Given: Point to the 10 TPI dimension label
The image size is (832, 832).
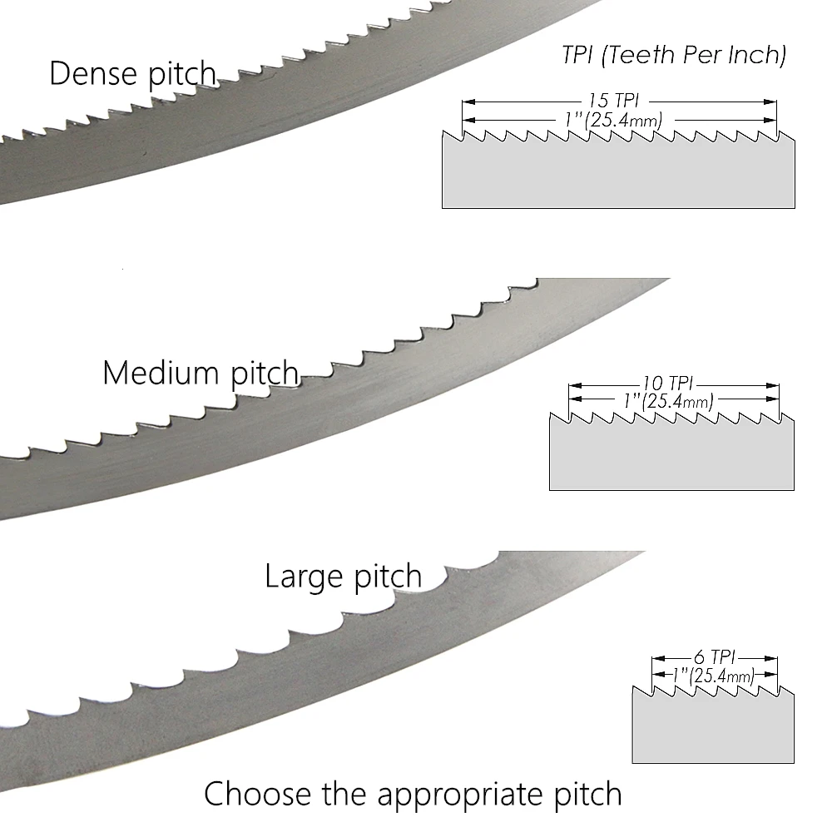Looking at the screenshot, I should pyautogui.click(x=667, y=384).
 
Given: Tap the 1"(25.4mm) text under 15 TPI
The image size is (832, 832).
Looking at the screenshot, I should pyautogui.click(x=613, y=121).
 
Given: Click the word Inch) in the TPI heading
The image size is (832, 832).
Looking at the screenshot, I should pyautogui.click(x=756, y=56).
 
